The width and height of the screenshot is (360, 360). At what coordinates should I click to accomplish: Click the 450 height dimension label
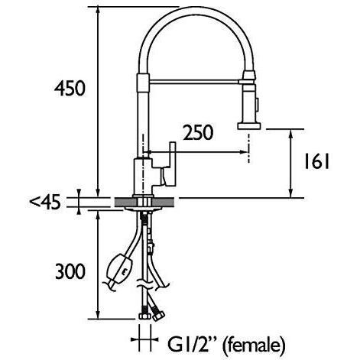(x=69, y=89)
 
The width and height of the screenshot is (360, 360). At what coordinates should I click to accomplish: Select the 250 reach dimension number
(x=197, y=133)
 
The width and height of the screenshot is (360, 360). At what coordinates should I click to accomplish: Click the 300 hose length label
(x=69, y=270)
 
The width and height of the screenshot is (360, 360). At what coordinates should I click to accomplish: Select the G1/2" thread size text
(x=184, y=343)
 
